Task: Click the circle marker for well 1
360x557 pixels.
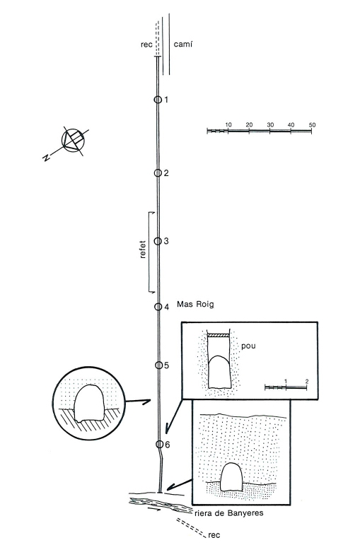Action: click(158, 100)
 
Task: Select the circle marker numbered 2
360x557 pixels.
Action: click(158, 172)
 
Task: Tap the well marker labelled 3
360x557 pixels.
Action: click(158, 241)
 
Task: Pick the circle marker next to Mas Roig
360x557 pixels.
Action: click(158, 307)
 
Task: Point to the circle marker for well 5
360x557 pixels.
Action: click(158, 365)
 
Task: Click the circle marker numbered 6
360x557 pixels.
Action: click(160, 444)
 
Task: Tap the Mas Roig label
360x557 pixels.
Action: click(195, 305)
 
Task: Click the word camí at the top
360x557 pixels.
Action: click(183, 45)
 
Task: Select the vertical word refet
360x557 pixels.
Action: click(143, 250)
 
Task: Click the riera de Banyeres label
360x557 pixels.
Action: click(229, 513)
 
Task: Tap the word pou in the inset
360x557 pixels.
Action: click(248, 346)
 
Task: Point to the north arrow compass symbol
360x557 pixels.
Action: click(73, 141)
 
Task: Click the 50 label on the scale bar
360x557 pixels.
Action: click(312, 125)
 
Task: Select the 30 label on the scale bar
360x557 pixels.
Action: click(270, 125)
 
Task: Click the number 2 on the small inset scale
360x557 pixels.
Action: click(307, 382)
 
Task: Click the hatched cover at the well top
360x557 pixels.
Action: click(219, 335)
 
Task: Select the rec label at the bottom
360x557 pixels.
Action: click(214, 535)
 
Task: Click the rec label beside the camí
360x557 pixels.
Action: click(147, 45)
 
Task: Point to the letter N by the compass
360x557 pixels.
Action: click(45, 158)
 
